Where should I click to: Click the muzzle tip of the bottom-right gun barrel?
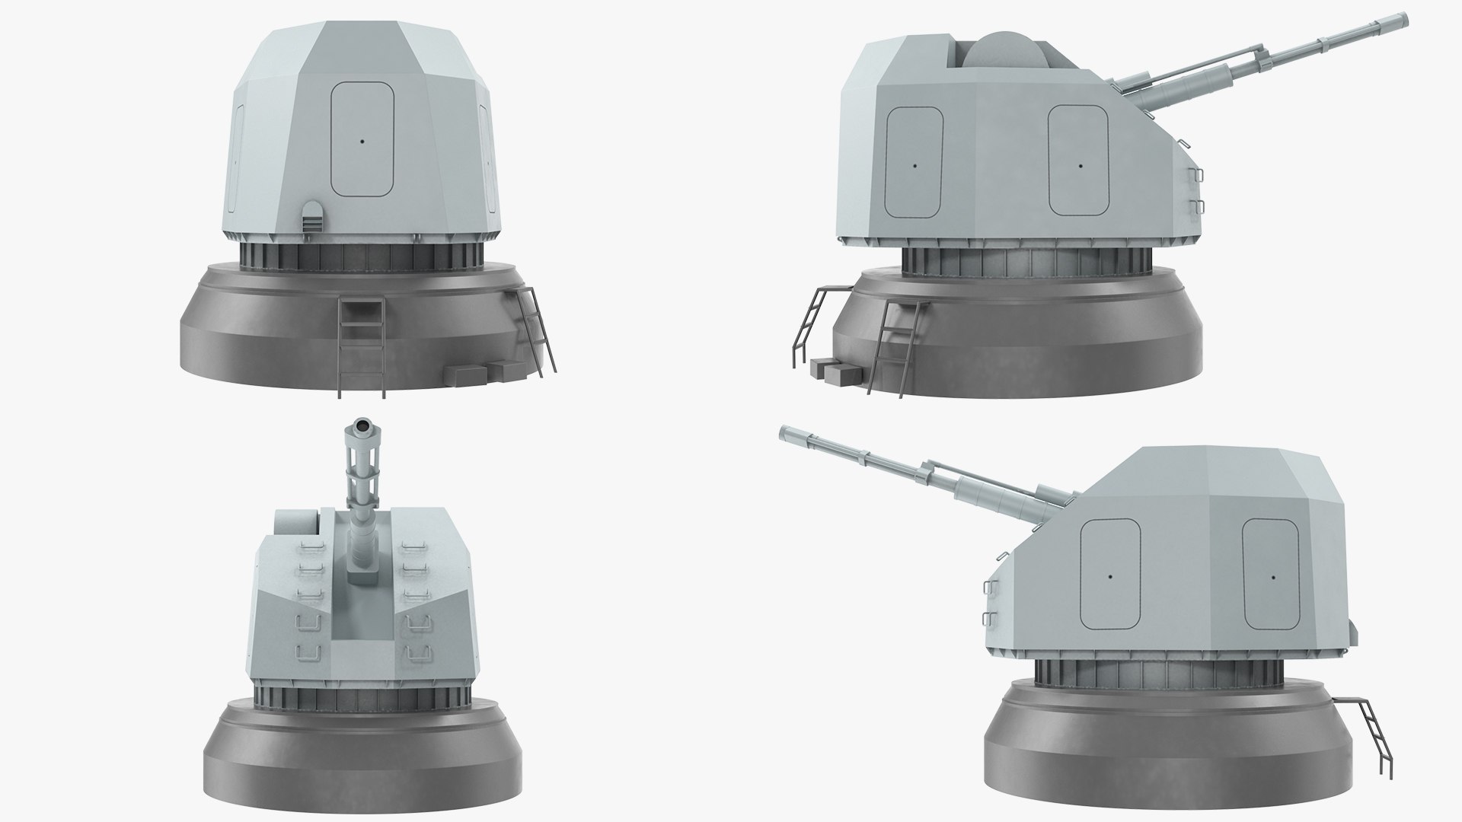pyautogui.click(x=786, y=434)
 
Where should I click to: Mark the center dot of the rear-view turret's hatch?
pyautogui.click(x=362, y=140)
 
